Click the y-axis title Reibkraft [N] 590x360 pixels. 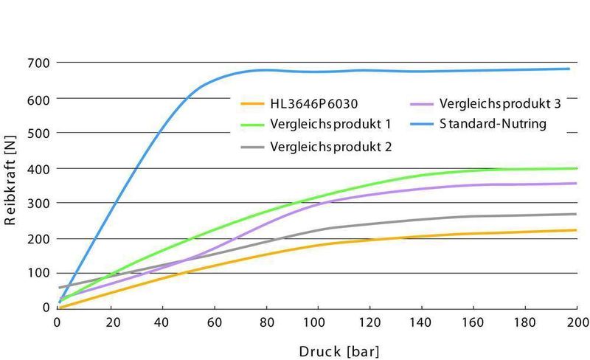pyautogui.click(x=10, y=184)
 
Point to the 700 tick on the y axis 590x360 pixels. pyautogui.click(x=39, y=63)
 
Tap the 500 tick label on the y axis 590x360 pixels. pyautogui.click(x=39, y=133)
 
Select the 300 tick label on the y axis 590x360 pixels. pyautogui.click(x=39, y=203)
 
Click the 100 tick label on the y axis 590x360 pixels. pyautogui.click(x=39, y=274)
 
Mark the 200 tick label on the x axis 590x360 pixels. pyautogui.click(x=577, y=322)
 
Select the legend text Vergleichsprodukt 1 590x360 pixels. pyautogui.click(x=331, y=125)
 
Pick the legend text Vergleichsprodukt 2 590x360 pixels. pyautogui.click(x=331, y=146)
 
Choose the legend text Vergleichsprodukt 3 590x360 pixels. pyautogui.click(x=500, y=104)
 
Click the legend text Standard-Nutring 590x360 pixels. pyautogui.click(x=493, y=124)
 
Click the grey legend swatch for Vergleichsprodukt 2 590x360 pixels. pyautogui.click(x=252, y=147)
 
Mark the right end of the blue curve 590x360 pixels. pyautogui.click(x=569, y=69)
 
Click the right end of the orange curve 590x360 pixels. pyautogui.click(x=576, y=230)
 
